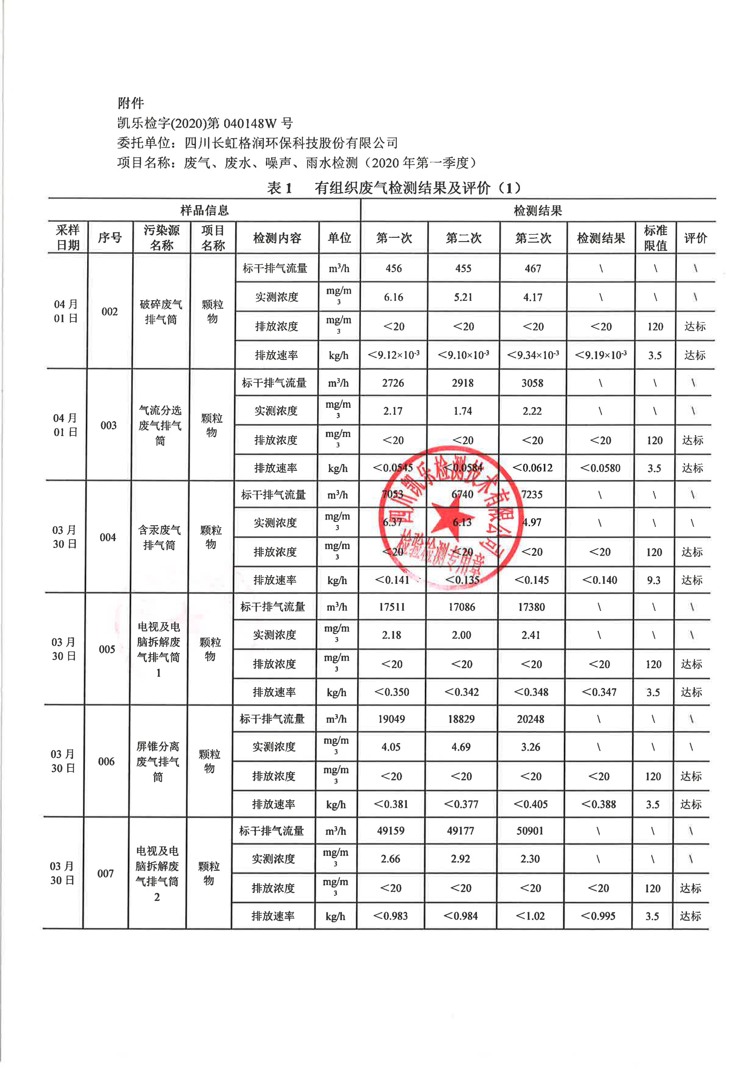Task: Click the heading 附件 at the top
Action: pyautogui.click(x=131, y=103)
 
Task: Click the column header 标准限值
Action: pyautogui.click(x=655, y=238)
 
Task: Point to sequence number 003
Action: pyautogui.click(x=109, y=425)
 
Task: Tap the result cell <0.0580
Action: pyautogui.click(x=600, y=468)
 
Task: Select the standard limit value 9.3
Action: pyautogui.click(x=654, y=580)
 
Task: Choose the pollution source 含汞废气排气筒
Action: pyautogui.click(x=159, y=537)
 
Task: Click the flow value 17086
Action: pyautogui.click(x=462, y=607)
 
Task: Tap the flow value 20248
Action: pyautogui.click(x=531, y=719)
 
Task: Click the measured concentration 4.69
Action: pyautogui.click(x=461, y=747)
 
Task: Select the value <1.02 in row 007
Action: pyautogui.click(x=530, y=916)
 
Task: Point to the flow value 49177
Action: pyautogui.click(x=460, y=831)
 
